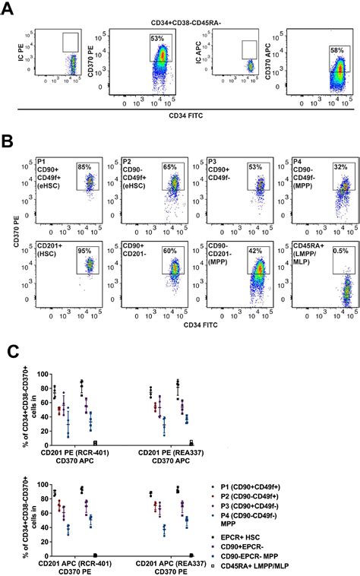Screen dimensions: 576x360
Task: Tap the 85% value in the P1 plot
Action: pos(85,168)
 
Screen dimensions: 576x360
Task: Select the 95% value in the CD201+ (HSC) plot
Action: pos(85,245)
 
